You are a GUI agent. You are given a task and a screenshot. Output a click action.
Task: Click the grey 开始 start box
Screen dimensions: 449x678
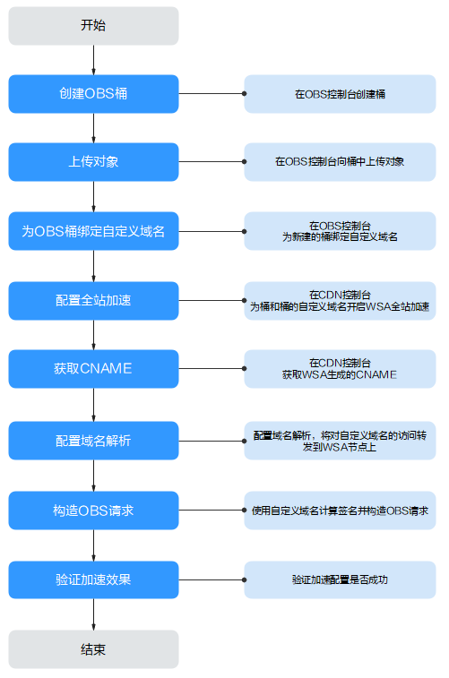pyautogui.click(x=93, y=26)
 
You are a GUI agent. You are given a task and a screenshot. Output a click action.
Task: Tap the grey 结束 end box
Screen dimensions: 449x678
pyautogui.click(x=93, y=649)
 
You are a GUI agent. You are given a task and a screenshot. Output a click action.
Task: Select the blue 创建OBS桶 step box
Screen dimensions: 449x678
pyautogui.click(x=93, y=94)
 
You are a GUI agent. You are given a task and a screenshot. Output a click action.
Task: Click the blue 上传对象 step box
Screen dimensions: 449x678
pyautogui.click(x=93, y=162)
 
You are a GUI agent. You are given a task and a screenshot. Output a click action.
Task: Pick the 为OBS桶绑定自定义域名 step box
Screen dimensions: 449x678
pyautogui.click(x=93, y=231)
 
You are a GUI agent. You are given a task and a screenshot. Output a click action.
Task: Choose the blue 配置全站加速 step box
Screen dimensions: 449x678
pyautogui.click(x=93, y=301)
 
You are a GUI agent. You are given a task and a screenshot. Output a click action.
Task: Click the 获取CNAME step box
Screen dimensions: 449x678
pyautogui.click(x=93, y=368)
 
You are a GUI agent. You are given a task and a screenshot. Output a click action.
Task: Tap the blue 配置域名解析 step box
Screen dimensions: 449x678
pyautogui.click(x=93, y=440)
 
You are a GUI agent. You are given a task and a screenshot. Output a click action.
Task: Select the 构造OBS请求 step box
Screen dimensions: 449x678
pyautogui.click(x=93, y=511)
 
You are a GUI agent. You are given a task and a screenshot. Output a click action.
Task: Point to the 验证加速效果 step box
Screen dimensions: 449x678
pyautogui.click(x=93, y=579)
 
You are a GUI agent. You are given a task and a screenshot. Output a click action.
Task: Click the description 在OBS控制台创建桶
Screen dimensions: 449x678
pyautogui.click(x=340, y=94)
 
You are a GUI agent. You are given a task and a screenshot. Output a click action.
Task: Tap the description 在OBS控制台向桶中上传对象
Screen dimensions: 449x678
pyautogui.click(x=340, y=162)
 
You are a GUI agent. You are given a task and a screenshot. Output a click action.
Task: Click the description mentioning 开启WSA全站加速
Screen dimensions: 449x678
pyautogui.click(x=340, y=301)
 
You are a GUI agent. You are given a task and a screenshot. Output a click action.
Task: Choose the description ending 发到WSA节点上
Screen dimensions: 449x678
pyautogui.click(x=340, y=440)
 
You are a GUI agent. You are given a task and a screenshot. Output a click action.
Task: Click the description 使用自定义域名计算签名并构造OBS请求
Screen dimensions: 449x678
pyautogui.click(x=340, y=511)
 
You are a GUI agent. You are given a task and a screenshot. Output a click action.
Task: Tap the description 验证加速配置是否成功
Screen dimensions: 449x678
pyautogui.click(x=340, y=579)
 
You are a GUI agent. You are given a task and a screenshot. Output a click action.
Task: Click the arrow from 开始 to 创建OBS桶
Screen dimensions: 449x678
pyautogui.click(x=93, y=60)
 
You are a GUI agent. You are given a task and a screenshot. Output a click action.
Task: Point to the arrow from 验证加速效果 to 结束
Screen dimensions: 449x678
pyautogui.click(x=93, y=614)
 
